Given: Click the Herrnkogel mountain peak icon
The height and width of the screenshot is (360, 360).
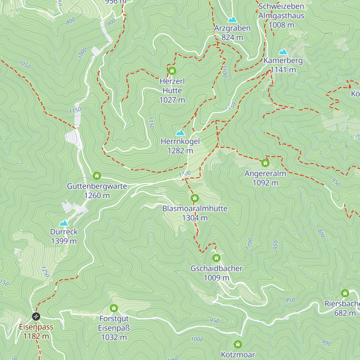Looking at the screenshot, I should point(180,132).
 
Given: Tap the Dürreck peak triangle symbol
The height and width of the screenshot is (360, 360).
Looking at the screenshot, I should point(64,223).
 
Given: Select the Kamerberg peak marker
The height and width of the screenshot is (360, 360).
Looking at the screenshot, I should point(283,52).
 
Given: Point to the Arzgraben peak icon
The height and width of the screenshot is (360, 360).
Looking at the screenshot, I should point(232,19).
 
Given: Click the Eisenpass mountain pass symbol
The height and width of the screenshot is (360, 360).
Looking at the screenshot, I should point(36,316).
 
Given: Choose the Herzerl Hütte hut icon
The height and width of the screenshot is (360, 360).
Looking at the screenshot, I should point(172,71).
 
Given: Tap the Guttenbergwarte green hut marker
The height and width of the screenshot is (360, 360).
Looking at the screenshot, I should point(97,175).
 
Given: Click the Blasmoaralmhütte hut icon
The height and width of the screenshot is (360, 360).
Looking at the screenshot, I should point(195,198).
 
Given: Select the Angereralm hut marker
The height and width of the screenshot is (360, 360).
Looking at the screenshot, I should point(265,163).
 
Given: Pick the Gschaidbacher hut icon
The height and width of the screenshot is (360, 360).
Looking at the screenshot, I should point(216,258).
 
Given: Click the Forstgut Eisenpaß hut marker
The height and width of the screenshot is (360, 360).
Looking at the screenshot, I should point(114,308).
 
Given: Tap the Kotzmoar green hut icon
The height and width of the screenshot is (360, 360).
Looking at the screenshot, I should point(238,344).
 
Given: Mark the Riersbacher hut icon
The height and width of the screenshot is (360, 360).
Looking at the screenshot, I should point(345,293).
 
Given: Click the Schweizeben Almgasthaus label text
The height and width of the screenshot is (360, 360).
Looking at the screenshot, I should point(281,11).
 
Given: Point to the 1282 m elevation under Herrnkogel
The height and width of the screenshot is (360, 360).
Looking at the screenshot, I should point(180,151).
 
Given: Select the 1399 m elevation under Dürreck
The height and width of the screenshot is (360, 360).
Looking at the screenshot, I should point(64,241).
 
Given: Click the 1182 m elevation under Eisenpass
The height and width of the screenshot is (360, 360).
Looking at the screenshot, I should point(36,336).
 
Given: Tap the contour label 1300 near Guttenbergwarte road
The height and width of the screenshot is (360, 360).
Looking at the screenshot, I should point(185,173).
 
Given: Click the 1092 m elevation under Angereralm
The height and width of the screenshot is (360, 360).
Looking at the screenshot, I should point(265,183).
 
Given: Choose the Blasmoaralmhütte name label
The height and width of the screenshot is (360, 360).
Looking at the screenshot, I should point(195,208).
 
